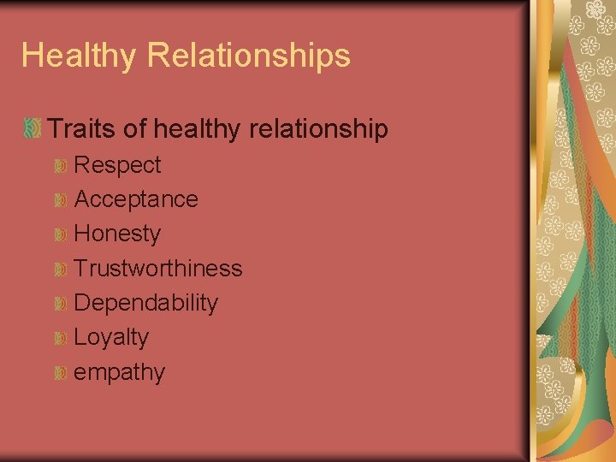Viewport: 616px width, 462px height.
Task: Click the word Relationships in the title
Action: (x=249, y=56)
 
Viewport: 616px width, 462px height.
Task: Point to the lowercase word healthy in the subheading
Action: (x=196, y=130)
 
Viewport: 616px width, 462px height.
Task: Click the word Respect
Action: (x=117, y=164)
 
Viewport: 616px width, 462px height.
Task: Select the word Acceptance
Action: (x=136, y=199)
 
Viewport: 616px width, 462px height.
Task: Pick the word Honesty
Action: (x=117, y=234)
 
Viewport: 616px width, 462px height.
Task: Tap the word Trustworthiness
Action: (x=158, y=269)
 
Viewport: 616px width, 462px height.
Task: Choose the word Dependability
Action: (x=145, y=303)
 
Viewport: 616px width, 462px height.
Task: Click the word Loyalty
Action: (x=111, y=338)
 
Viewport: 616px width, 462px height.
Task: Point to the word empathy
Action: (x=120, y=373)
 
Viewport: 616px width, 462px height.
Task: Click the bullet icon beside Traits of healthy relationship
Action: (x=33, y=129)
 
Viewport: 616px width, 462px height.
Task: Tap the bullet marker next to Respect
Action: (x=60, y=165)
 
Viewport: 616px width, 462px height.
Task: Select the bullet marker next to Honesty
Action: (x=60, y=234)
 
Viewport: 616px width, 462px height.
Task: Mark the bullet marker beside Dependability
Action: (x=60, y=304)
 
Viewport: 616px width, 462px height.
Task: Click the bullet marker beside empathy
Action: (x=60, y=373)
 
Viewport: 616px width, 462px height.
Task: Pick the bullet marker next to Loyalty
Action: (x=60, y=338)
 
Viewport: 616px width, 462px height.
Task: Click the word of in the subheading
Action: (x=134, y=129)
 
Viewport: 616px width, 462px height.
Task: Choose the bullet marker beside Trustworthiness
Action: (x=60, y=269)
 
